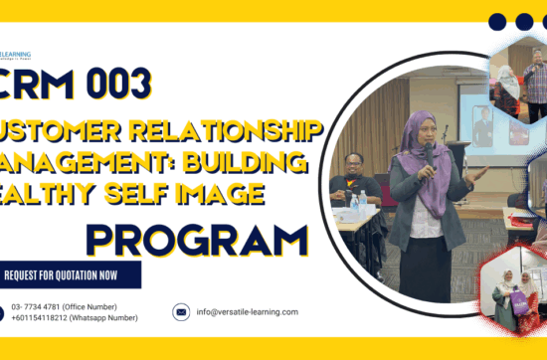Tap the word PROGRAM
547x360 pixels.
197,241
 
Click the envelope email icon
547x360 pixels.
181,311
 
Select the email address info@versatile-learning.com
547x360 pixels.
247,311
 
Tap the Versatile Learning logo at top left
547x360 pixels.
16,57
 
